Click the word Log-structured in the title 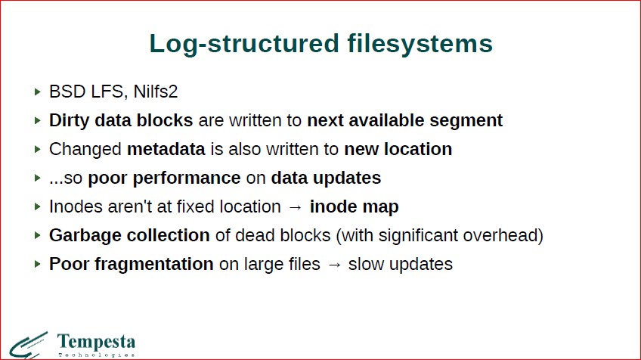tap(244, 44)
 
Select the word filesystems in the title tap(420, 43)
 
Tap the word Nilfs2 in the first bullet tap(156, 92)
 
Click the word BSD tap(67, 92)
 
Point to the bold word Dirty tap(69, 121)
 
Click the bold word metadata tap(166, 149)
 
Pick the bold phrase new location tap(398, 149)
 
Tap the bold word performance tap(187, 178)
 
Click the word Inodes tap(76, 206)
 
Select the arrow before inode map tap(295, 207)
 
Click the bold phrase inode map tap(354, 207)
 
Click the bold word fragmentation tap(154, 264)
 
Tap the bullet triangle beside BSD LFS tap(38, 92)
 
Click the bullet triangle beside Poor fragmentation tap(38, 264)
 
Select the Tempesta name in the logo tap(96, 342)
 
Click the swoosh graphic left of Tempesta tap(28, 346)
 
